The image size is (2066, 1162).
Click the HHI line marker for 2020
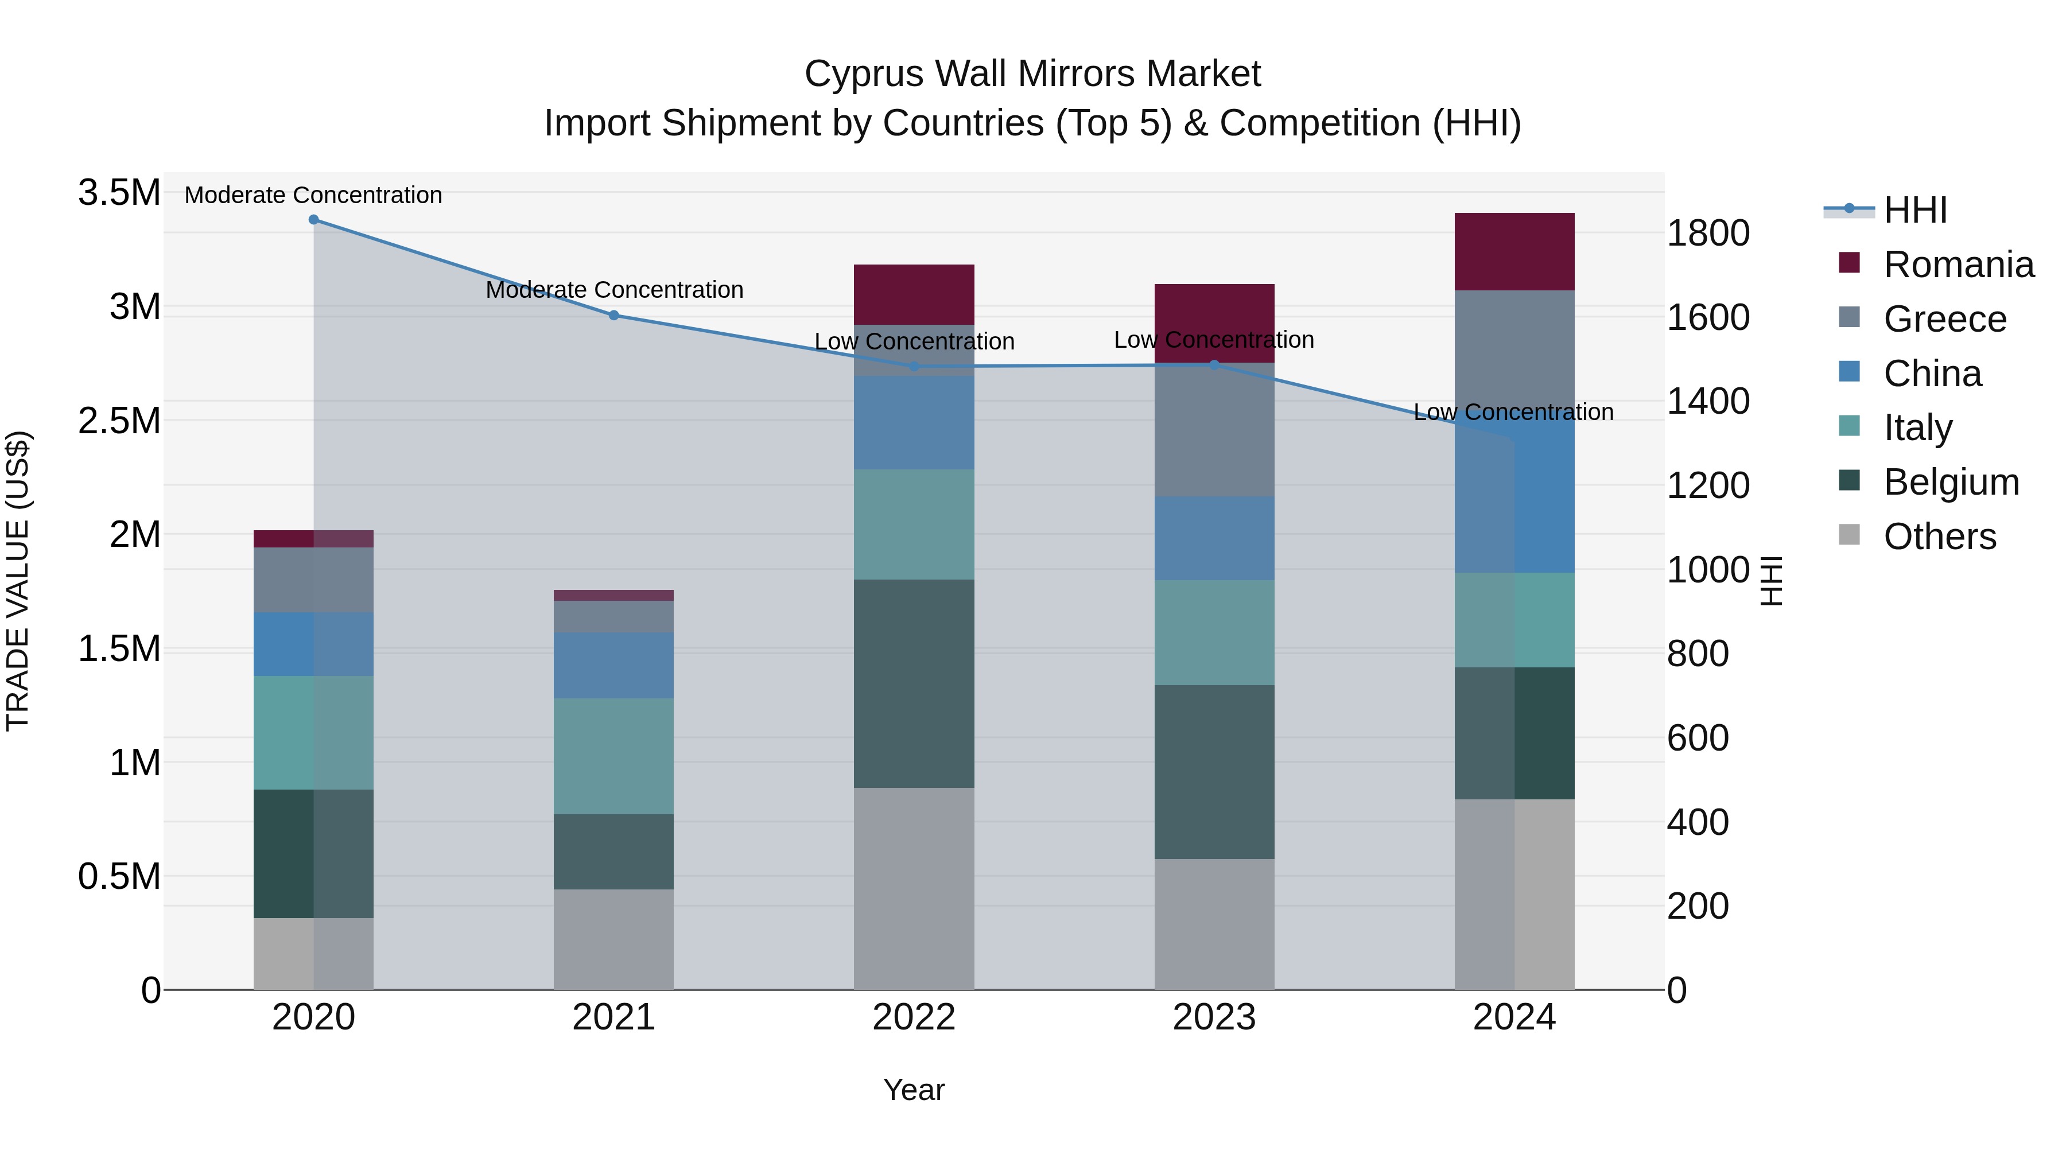point(313,220)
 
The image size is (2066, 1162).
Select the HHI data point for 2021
point(613,315)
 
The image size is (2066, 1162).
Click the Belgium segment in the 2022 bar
point(914,683)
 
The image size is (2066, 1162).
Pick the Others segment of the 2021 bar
point(613,939)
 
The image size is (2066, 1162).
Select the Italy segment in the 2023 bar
point(1213,633)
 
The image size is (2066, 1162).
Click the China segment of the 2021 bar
point(613,665)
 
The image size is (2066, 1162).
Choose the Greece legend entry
point(1944,319)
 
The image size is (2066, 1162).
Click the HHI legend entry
point(1914,210)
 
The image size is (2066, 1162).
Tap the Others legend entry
point(1939,537)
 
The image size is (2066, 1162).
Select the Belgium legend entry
point(1951,482)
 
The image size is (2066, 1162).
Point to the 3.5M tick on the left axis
point(119,193)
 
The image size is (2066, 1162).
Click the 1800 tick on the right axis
point(1707,234)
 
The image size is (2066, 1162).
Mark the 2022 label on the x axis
point(914,1017)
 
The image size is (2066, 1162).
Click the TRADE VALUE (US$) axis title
point(18,581)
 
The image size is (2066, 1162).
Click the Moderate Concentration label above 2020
point(313,195)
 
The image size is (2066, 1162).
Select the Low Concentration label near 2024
point(1513,412)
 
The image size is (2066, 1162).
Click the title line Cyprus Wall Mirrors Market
point(1032,74)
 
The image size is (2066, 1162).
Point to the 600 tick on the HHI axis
point(1697,738)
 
